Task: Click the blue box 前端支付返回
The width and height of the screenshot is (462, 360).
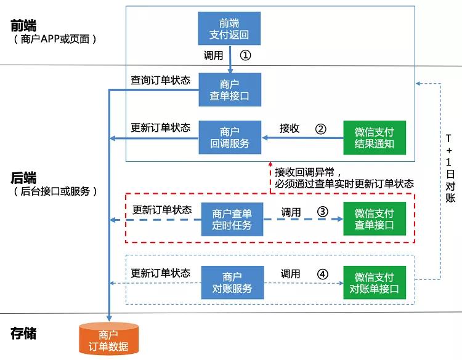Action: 230,28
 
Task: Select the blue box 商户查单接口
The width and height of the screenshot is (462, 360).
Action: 230,89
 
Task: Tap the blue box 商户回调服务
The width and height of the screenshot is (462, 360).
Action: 230,137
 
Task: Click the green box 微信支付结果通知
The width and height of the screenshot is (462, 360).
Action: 375,137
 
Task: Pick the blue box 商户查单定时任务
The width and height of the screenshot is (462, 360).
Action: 232,219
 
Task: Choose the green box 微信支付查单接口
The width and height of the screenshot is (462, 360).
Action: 375,219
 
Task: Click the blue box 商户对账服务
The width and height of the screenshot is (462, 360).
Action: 232,282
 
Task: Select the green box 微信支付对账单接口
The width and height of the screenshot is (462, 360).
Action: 375,282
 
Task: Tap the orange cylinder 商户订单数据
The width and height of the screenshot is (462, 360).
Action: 108,340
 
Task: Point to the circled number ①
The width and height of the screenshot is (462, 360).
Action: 245,55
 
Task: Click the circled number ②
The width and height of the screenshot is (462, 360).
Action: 320,129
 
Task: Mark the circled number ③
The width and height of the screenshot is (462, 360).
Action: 322,212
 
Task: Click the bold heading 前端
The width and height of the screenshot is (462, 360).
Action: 23,26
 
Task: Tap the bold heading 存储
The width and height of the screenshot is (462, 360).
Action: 23,334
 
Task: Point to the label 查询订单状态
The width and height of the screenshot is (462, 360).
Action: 160,81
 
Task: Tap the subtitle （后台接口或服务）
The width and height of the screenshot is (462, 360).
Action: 55,191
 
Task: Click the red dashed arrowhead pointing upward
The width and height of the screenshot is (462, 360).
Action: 270,165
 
